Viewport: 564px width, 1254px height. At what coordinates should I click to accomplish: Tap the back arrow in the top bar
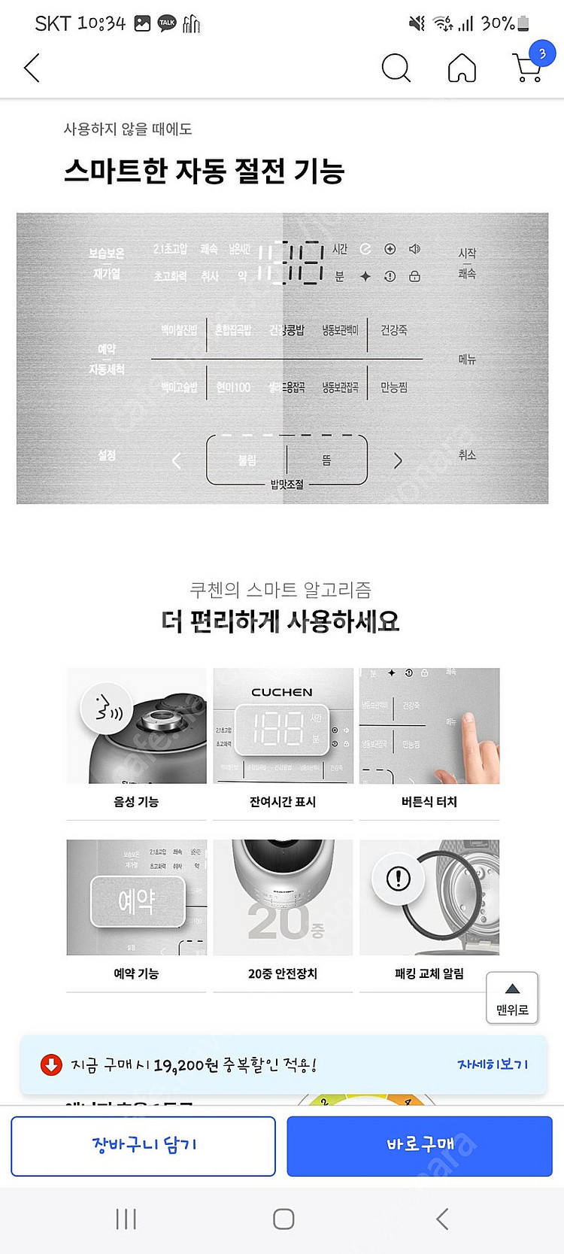point(32,68)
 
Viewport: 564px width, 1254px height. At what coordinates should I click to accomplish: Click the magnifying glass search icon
point(396,68)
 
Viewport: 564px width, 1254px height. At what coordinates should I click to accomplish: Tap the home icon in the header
point(462,68)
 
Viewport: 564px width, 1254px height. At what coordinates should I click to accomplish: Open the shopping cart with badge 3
point(529,67)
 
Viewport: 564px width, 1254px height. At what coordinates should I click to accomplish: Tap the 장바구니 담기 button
point(143,1145)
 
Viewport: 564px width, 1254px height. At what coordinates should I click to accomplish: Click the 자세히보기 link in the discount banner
point(493,1064)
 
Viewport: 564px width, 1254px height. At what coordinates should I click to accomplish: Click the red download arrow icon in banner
point(51,1064)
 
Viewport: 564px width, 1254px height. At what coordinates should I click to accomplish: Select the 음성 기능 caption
point(136,802)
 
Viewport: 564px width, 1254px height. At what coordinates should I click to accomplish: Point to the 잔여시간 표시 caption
point(283,802)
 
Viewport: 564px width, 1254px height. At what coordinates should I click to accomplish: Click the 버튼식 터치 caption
point(429,802)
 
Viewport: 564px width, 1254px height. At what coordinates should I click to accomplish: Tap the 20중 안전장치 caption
point(283,973)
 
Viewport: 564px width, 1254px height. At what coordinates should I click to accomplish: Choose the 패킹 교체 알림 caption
point(429,973)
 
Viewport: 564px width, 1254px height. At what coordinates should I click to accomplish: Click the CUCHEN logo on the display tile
point(282,692)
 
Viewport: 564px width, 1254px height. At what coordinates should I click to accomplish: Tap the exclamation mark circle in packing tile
point(398,878)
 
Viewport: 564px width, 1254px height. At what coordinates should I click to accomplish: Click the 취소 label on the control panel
point(467,455)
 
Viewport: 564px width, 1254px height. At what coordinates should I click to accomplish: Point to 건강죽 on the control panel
point(393,330)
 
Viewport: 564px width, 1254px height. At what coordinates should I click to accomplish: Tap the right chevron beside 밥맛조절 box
point(398,461)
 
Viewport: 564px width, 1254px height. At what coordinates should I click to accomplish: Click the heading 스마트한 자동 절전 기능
point(204,171)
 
